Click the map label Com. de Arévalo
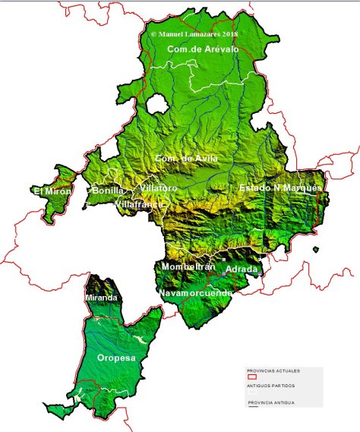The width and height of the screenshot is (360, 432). click(x=203, y=49)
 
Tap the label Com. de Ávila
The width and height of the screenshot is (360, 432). click(x=186, y=158)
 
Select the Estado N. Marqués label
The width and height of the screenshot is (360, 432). click(x=280, y=188)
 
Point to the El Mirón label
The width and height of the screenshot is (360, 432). click(x=52, y=191)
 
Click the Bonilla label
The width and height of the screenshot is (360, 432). click(x=107, y=191)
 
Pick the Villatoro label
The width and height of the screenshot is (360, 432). click(x=159, y=188)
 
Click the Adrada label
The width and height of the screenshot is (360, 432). click(x=242, y=270)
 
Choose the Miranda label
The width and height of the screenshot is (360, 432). click(x=101, y=298)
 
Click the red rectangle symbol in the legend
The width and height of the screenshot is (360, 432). click(x=253, y=377)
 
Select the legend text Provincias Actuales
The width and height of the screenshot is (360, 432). click(x=273, y=371)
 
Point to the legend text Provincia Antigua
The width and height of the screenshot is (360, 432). click(x=271, y=402)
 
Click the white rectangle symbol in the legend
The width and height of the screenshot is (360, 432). click(x=253, y=393)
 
